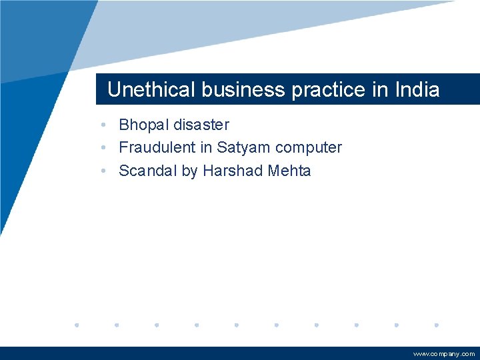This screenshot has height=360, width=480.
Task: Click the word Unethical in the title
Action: pyautogui.click(x=141, y=90)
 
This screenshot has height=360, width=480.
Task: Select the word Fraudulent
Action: pyautogui.click(x=157, y=147)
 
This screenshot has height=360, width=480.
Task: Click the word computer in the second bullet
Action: pyautogui.click(x=309, y=148)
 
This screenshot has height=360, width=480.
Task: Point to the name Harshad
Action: pyautogui.click(x=233, y=171)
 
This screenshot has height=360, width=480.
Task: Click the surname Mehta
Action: pyautogui.click(x=289, y=171)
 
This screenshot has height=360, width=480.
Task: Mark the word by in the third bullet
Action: pyautogui.click(x=190, y=171)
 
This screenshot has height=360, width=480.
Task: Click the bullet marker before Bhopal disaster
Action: pyautogui.click(x=105, y=125)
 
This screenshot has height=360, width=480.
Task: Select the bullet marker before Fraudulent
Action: pyautogui.click(x=105, y=148)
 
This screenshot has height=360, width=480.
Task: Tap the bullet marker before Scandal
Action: pyautogui.click(x=105, y=171)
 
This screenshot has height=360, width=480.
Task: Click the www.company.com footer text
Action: pyautogui.click(x=444, y=354)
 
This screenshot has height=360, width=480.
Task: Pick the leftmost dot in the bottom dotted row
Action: pyautogui.click(x=77, y=325)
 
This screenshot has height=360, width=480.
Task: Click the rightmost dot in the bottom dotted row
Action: pyautogui.click(x=436, y=325)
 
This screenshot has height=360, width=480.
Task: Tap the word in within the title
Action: pyautogui.click(x=380, y=90)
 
